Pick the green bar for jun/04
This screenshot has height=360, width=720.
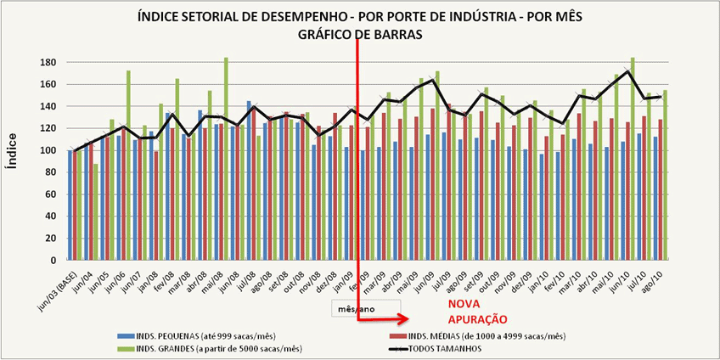tap(96, 211)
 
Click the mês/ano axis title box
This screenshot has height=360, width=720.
tap(365, 308)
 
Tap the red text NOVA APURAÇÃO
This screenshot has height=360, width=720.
tap(475, 312)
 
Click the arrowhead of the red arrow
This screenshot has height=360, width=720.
tap(406, 320)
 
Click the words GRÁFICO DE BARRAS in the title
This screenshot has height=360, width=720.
tap(359, 33)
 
